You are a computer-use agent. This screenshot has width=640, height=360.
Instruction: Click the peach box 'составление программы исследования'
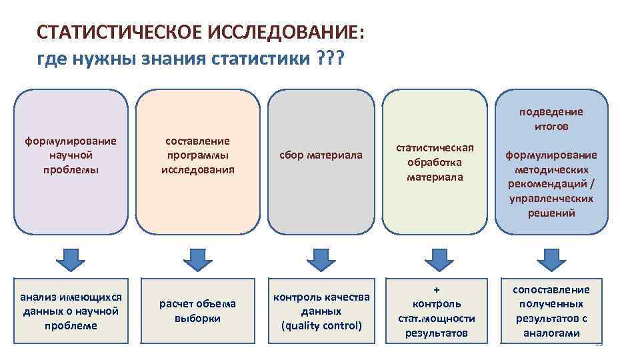coord(197,164)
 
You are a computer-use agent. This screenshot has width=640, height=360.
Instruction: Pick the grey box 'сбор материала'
coord(321,164)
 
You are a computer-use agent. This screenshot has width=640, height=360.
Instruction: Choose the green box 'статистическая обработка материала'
coord(435,164)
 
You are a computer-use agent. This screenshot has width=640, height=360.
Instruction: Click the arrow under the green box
coord(437,258)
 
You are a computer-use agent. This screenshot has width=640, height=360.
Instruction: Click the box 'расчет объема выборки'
coord(197,311)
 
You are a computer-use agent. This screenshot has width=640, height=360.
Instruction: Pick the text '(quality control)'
coord(321,326)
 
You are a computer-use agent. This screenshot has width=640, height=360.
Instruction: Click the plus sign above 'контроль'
coord(437,290)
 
